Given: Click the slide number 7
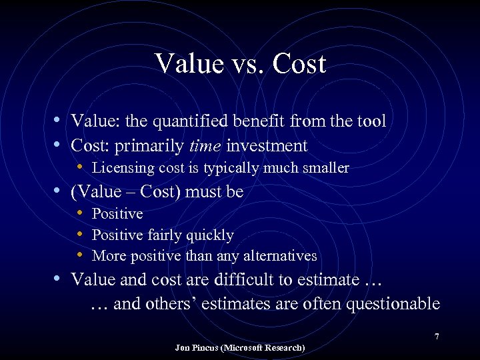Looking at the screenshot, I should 437,337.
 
